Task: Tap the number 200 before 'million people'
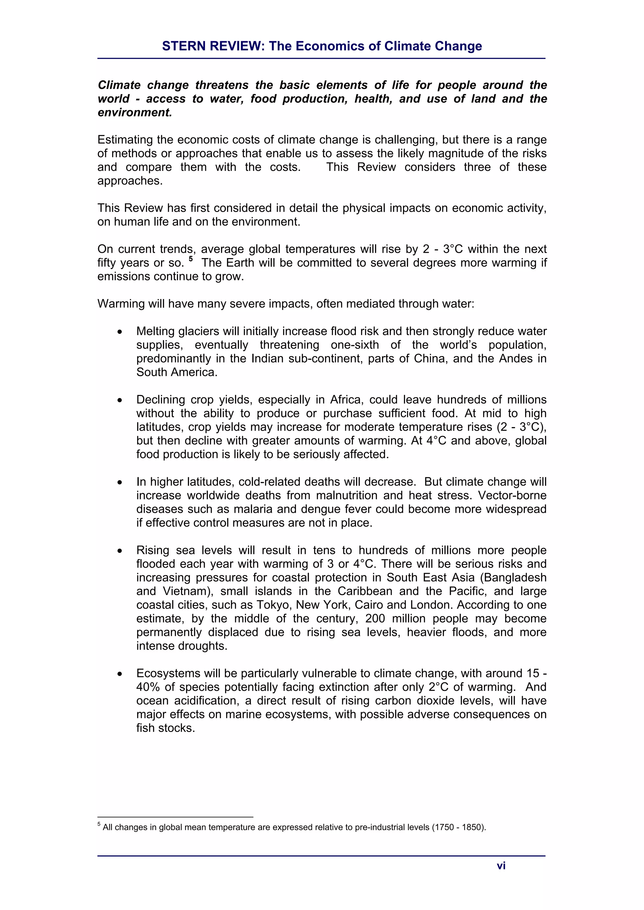(x=375, y=619)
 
